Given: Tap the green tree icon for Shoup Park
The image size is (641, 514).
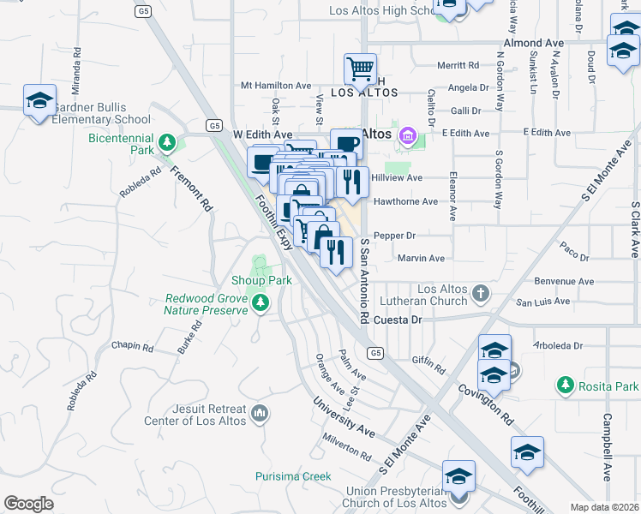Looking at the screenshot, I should tap(261, 265).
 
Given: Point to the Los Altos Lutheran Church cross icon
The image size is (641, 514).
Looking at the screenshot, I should tap(481, 294).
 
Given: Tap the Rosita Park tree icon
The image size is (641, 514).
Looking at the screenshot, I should tap(565, 386).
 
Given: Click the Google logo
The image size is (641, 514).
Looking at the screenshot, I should tap(28, 504).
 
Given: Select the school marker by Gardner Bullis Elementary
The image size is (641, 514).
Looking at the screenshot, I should tap(39, 101).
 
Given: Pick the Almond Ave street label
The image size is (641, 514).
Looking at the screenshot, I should tap(534, 43).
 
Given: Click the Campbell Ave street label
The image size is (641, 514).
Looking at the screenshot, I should tap(607, 447).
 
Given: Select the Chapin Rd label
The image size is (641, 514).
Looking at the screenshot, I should tap(132, 349).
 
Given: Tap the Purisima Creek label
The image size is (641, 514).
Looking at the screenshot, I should tap(293, 475).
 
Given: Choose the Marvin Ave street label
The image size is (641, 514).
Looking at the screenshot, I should tap(421, 258).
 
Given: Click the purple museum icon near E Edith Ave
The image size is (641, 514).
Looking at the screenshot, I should tap(407, 135).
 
